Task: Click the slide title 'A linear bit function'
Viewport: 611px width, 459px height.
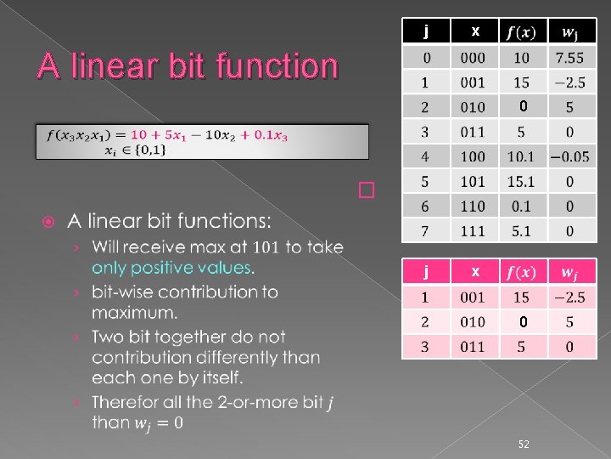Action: coord(187,66)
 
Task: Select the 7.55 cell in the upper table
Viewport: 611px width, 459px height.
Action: coord(569,58)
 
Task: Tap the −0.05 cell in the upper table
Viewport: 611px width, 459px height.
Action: coord(569,156)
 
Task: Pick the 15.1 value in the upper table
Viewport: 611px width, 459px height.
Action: coord(521,181)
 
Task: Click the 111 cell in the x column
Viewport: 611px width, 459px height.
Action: coord(473,230)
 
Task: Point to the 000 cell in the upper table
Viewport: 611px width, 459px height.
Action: coord(473,58)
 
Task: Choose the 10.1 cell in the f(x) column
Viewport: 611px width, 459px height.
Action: coord(521,156)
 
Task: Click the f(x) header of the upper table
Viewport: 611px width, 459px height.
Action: coord(521,32)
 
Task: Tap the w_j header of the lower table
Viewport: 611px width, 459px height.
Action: coord(569,273)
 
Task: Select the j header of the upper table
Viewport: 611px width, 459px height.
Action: coord(426,31)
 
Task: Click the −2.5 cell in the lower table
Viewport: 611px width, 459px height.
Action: coord(569,297)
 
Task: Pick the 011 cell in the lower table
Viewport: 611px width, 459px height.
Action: coord(473,346)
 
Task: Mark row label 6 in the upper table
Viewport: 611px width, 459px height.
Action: coord(426,206)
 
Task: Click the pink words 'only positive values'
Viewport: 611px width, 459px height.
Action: coord(172,268)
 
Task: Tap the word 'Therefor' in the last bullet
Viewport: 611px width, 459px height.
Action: coord(126,400)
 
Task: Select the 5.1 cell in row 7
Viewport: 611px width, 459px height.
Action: coord(521,230)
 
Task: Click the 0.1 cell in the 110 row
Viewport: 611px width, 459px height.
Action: coord(521,206)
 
